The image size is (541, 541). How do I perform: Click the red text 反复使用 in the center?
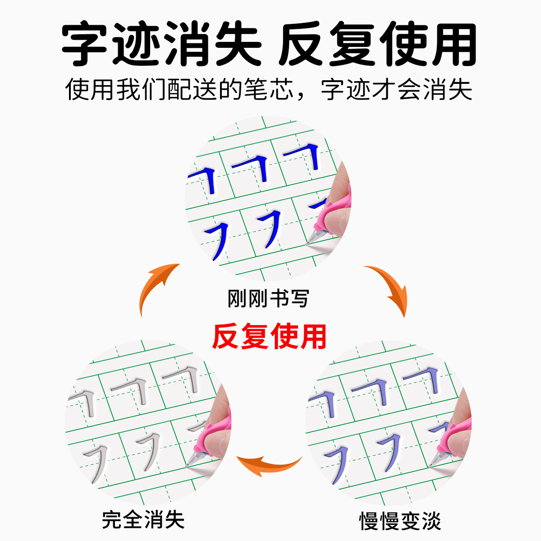click(269, 337)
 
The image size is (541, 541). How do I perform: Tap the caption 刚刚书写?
click(268, 298)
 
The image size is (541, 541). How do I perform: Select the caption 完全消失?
click(143, 520)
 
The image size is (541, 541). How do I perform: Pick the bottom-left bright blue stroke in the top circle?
click(216, 241)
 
